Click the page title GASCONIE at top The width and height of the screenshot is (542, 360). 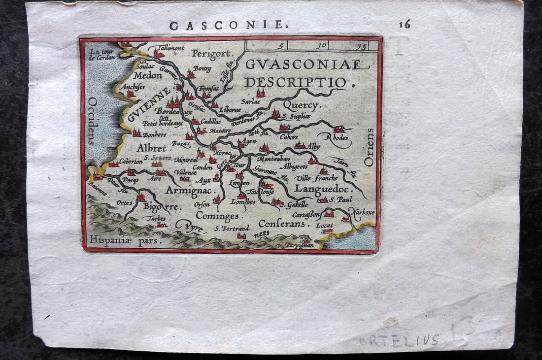pos(227,25)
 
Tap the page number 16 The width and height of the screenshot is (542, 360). pos(405,24)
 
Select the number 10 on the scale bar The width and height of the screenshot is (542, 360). pos(322,46)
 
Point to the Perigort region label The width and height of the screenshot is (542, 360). pos(212,53)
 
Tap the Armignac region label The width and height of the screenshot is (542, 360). pos(188,190)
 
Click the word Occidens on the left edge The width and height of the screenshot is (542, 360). pos(92,121)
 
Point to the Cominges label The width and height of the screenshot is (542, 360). pos(217,215)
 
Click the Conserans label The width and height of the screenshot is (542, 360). pos(284,223)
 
